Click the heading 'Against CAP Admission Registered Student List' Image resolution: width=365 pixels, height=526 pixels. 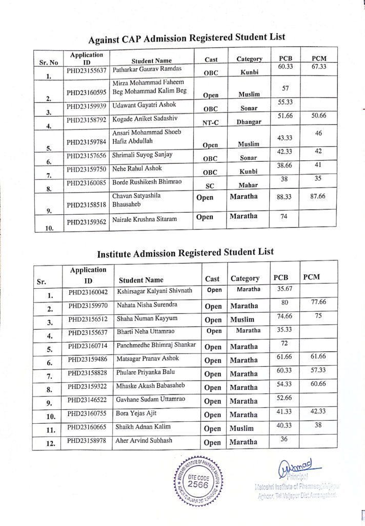click(x=187, y=38)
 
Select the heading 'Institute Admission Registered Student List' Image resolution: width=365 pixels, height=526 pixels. click(x=186, y=252)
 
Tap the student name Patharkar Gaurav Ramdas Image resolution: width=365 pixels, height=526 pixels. click(x=146, y=69)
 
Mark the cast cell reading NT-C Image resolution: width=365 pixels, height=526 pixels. click(x=211, y=123)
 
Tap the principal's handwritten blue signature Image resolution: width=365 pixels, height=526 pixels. click(x=298, y=469)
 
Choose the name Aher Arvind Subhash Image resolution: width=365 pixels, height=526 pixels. click(x=145, y=440)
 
